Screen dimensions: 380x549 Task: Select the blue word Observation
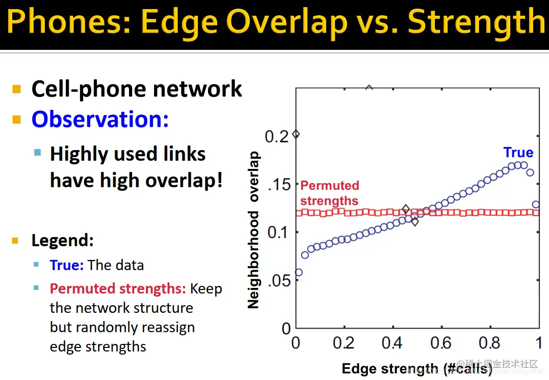(x=100, y=119)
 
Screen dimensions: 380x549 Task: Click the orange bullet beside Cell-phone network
(x=17, y=90)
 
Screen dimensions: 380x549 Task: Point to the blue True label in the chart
(x=518, y=153)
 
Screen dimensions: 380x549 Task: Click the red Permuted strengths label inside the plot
(x=329, y=193)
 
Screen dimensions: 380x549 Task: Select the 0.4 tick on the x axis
(x=392, y=343)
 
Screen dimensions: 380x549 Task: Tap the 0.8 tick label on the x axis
(x=489, y=343)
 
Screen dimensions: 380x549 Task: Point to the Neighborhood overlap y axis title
(x=253, y=230)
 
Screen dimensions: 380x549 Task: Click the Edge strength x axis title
(x=417, y=368)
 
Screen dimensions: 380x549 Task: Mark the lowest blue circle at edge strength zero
(x=299, y=272)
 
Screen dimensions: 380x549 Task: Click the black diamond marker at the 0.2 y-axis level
(x=296, y=134)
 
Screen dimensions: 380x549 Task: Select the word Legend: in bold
(x=62, y=240)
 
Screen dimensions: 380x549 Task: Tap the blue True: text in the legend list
(x=67, y=265)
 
